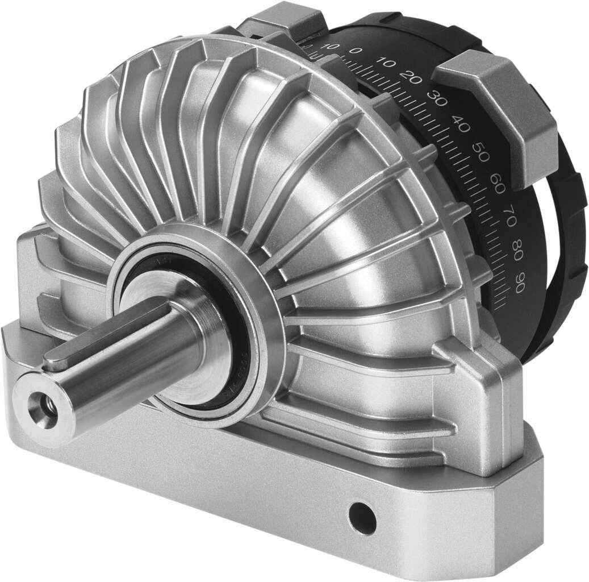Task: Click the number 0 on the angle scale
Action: (356, 52)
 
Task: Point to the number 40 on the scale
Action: (461, 124)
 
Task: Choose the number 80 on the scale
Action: (515, 250)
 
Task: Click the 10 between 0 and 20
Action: (383, 63)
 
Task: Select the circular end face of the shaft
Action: (45, 407)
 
